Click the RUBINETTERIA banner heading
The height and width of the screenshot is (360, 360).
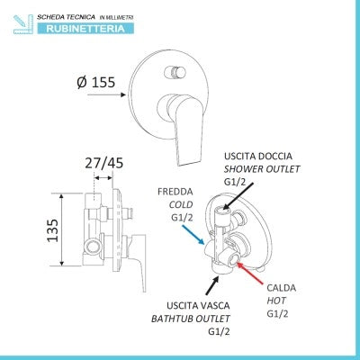coord(85,29)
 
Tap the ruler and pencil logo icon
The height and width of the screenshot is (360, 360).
coord(23,24)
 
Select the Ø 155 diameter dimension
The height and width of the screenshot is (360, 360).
coord(96,82)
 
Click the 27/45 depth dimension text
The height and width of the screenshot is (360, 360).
coord(103,163)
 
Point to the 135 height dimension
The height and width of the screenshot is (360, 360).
coord(53,230)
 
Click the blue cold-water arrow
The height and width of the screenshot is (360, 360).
coord(193,235)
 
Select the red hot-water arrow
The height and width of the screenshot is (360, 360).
coord(249,273)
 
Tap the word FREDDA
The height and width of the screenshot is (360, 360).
coord(175,192)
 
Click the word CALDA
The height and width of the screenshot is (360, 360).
coord(282,288)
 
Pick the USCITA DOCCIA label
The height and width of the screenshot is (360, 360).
coord(258,156)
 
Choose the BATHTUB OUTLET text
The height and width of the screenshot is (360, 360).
coord(191,319)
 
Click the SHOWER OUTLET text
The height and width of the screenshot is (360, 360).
coord(262,169)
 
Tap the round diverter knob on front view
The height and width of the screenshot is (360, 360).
coord(175,73)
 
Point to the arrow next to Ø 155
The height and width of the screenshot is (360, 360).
coord(106,94)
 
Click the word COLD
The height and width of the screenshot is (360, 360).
coord(181,205)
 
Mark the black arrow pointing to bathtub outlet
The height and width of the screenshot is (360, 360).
coord(212,285)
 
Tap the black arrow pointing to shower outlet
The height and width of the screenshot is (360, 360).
coord(238,195)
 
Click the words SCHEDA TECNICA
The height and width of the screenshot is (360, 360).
coord(66,17)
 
